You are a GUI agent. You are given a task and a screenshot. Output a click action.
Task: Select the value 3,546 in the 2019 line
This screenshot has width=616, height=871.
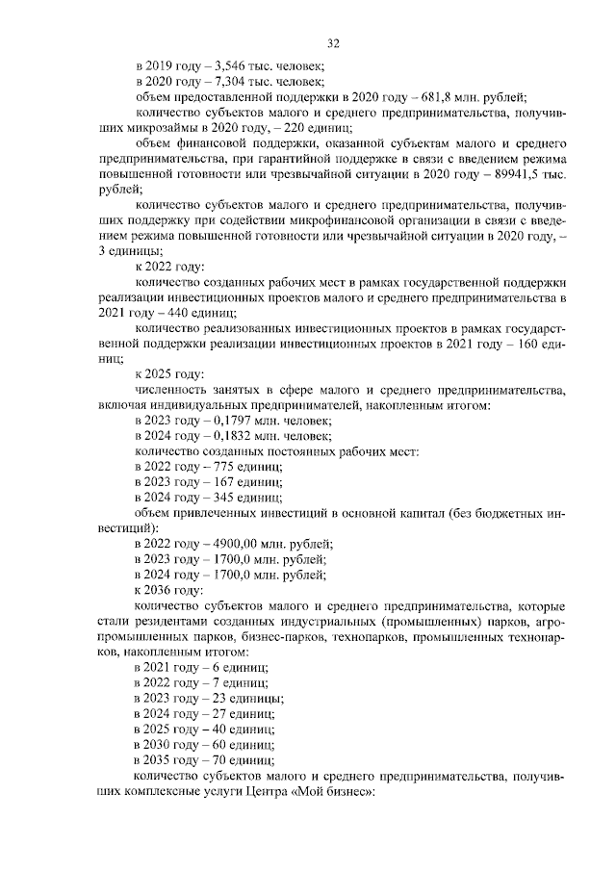[216, 65]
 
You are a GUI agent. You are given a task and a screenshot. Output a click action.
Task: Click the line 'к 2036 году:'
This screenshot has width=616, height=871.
[169, 590]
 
